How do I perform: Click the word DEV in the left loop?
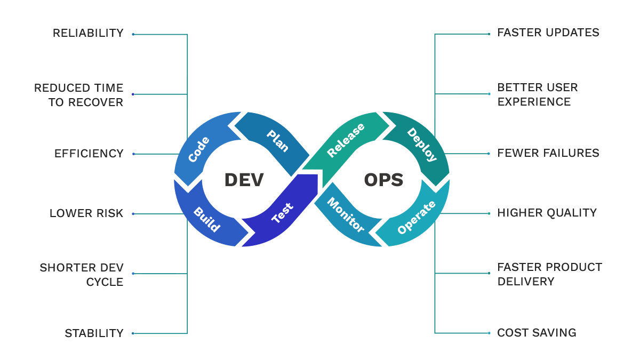244,180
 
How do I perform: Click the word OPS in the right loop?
383,180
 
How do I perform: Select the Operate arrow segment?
416,218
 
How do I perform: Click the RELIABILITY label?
88,33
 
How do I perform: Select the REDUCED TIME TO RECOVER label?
79,94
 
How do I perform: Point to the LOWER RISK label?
86,213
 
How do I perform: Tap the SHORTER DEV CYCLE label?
82,274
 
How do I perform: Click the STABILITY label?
94,333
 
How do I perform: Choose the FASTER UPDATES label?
548,33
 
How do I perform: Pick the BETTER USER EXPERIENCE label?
538,94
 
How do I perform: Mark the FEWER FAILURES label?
548,153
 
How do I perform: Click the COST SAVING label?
537,333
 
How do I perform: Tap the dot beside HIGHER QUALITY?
489,213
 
